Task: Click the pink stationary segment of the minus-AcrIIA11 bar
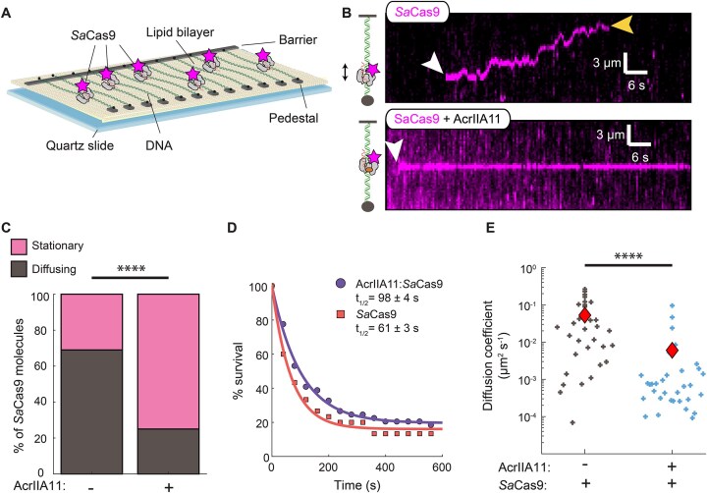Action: click(91, 320)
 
